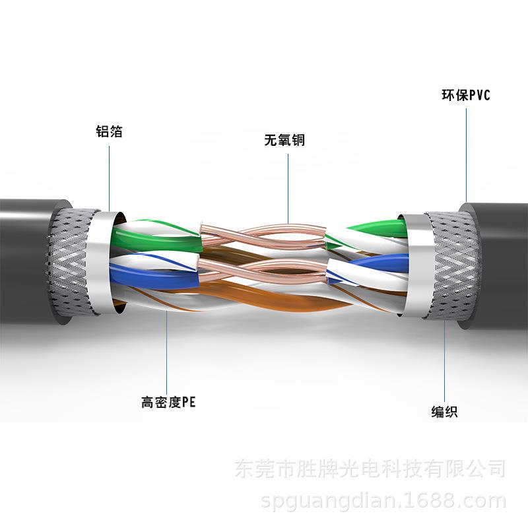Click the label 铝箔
coord(109,131)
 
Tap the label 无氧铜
coord(284,141)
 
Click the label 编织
coord(444,412)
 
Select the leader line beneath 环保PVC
coord(466,152)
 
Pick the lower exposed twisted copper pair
coord(264,271)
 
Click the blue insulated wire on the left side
coord(152,276)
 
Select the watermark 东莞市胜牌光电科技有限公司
coord(370,470)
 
